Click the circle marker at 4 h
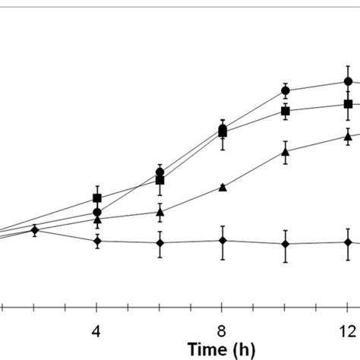coord(97,212)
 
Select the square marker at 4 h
coord(97,198)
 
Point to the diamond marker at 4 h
coord(97,241)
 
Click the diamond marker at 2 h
coord(35,229)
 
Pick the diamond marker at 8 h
coord(223,241)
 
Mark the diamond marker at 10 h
coord(286,244)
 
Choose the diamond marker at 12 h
coord(348,242)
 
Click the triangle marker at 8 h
coord(223,187)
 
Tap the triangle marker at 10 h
coord(286,152)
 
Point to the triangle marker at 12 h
coord(348,137)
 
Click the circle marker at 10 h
coord(286,90)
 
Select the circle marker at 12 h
coord(348,81)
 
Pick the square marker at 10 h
coord(286,111)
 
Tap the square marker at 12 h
coord(348,104)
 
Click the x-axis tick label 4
coord(97,331)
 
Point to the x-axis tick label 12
coord(347,331)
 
